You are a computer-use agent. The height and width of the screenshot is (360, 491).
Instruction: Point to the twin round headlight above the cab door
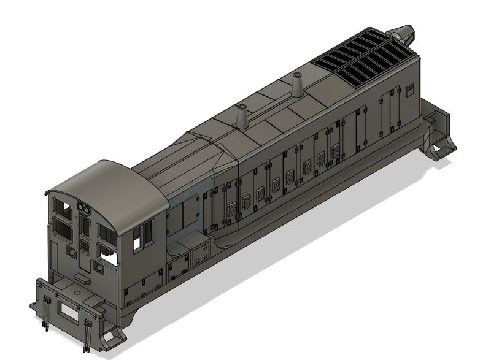pos(83,209)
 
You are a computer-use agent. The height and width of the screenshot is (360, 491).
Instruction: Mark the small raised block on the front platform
pos(80,280)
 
